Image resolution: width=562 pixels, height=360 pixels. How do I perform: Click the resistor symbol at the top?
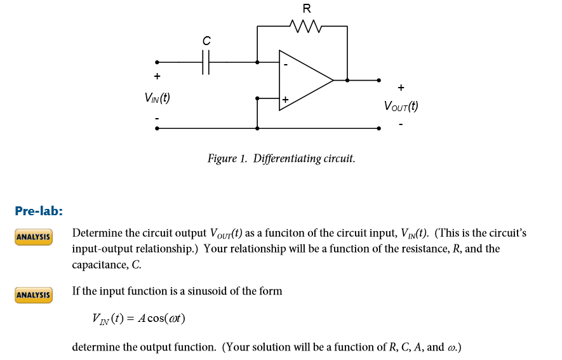pos(307,27)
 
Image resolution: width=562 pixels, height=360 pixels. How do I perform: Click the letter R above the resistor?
pos(307,9)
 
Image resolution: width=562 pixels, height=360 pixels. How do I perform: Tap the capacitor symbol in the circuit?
pos(206,62)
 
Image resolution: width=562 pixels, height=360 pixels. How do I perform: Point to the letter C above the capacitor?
pos(206,41)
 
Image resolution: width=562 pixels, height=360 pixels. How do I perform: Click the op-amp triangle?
pos(304,81)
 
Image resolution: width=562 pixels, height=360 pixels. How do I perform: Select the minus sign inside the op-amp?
pos(286,64)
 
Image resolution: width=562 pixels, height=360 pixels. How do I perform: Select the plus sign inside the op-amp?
pos(286,100)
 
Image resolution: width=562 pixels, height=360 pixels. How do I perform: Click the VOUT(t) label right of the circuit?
pos(401,106)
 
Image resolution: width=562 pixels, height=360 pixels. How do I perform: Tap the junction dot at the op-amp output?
pos(347,81)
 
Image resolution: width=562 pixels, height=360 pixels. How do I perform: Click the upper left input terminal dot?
pos(157,62)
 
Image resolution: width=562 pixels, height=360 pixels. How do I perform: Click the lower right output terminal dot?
pos(379,128)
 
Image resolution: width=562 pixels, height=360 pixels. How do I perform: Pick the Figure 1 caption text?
pos(281,158)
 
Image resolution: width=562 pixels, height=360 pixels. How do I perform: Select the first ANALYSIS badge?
pos(34,237)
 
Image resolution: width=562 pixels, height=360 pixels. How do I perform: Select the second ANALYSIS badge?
pos(34,295)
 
